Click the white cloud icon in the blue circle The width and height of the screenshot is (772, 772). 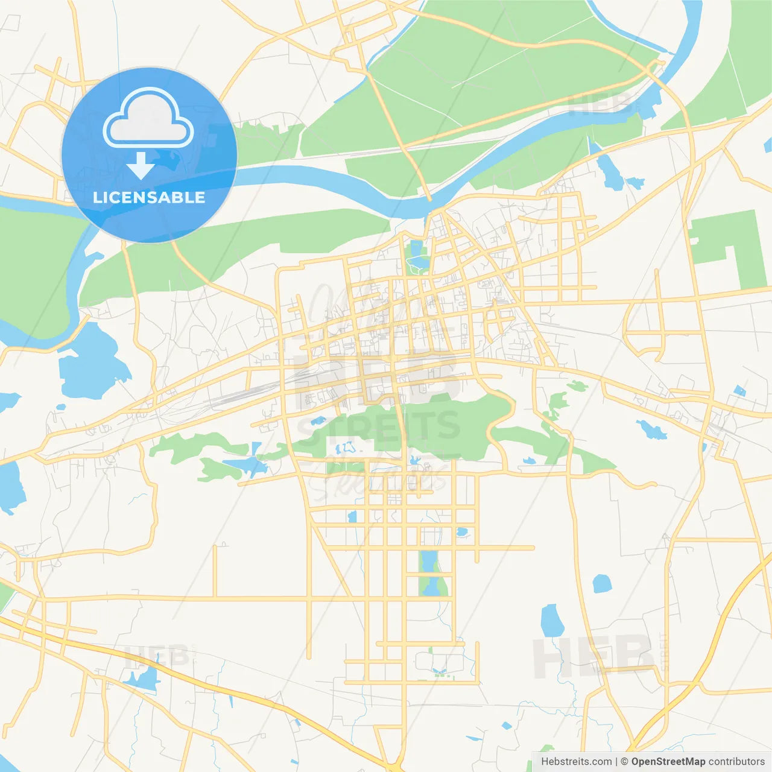[x=148, y=118]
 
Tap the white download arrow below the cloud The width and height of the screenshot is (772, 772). [x=141, y=166]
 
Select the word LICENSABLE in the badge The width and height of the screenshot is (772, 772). [x=149, y=198]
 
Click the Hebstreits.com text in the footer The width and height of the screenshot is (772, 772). [x=576, y=762]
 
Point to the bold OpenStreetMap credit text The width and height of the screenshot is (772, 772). [x=668, y=762]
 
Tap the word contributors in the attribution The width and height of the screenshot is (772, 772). [x=736, y=762]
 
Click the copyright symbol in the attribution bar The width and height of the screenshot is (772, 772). [x=625, y=762]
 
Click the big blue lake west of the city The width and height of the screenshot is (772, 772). [x=90, y=362]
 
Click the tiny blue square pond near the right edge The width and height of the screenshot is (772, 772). [x=739, y=391]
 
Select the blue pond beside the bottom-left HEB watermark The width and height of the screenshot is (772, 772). [x=144, y=679]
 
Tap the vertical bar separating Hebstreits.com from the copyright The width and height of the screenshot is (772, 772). [x=616, y=762]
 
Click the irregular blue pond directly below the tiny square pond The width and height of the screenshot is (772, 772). [x=651, y=429]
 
